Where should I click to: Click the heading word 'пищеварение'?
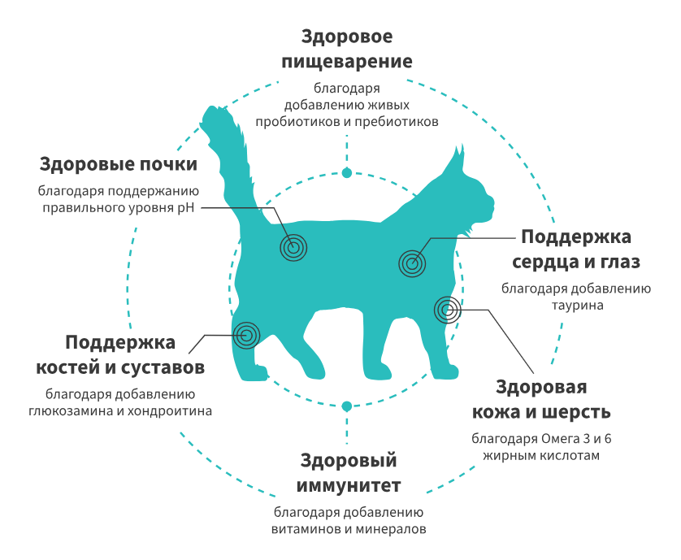pos(346,63)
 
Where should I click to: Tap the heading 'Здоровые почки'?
pos(119,164)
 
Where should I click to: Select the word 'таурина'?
pos(575,306)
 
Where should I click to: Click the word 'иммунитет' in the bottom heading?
pos(349,487)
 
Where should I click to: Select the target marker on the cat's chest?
pos(411,263)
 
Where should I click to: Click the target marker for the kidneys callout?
pos(294,248)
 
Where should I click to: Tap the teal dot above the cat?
pos(347,172)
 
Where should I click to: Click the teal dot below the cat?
pos(347,405)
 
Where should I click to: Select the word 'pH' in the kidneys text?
pos(188,207)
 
